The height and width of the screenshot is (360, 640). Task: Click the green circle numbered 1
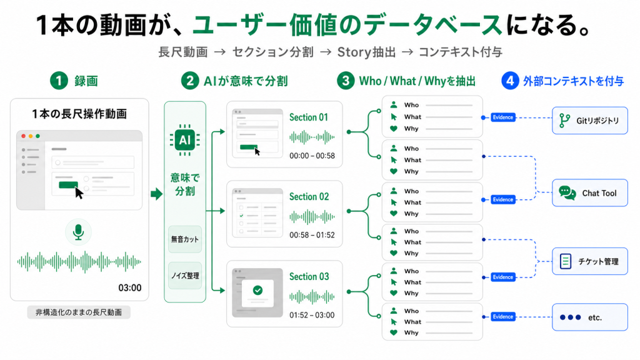pyautogui.click(x=59, y=81)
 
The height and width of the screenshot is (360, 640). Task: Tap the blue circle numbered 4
pyautogui.click(x=510, y=81)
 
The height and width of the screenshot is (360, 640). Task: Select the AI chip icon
pyautogui.click(x=185, y=140)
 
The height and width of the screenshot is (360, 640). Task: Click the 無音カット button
pyautogui.click(x=185, y=239)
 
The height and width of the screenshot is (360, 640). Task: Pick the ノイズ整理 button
pyautogui.click(x=185, y=276)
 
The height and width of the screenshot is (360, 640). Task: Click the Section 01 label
pyautogui.click(x=309, y=117)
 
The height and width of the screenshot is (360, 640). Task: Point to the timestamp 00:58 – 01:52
pyautogui.click(x=312, y=235)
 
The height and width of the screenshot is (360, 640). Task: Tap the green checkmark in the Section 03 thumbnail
pyautogui.click(x=257, y=290)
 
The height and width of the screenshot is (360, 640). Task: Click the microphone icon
pyautogui.click(x=78, y=232)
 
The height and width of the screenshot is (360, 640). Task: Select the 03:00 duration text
pyautogui.click(x=130, y=287)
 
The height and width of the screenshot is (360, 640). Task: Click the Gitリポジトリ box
pyautogui.click(x=590, y=121)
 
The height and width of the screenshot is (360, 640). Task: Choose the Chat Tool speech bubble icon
pyautogui.click(x=567, y=192)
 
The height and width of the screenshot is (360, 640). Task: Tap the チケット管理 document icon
pyautogui.click(x=565, y=261)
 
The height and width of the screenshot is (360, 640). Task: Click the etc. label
pyautogui.click(x=595, y=317)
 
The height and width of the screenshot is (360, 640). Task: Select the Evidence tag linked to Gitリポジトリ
pyautogui.click(x=503, y=117)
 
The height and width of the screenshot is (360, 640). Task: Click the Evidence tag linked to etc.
pyautogui.click(x=503, y=317)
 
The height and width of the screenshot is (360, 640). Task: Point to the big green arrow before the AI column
pyautogui.click(x=156, y=194)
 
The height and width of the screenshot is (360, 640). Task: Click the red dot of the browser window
pyautogui.click(x=24, y=136)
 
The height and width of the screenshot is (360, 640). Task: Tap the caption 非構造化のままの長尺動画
pyautogui.click(x=78, y=312)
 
